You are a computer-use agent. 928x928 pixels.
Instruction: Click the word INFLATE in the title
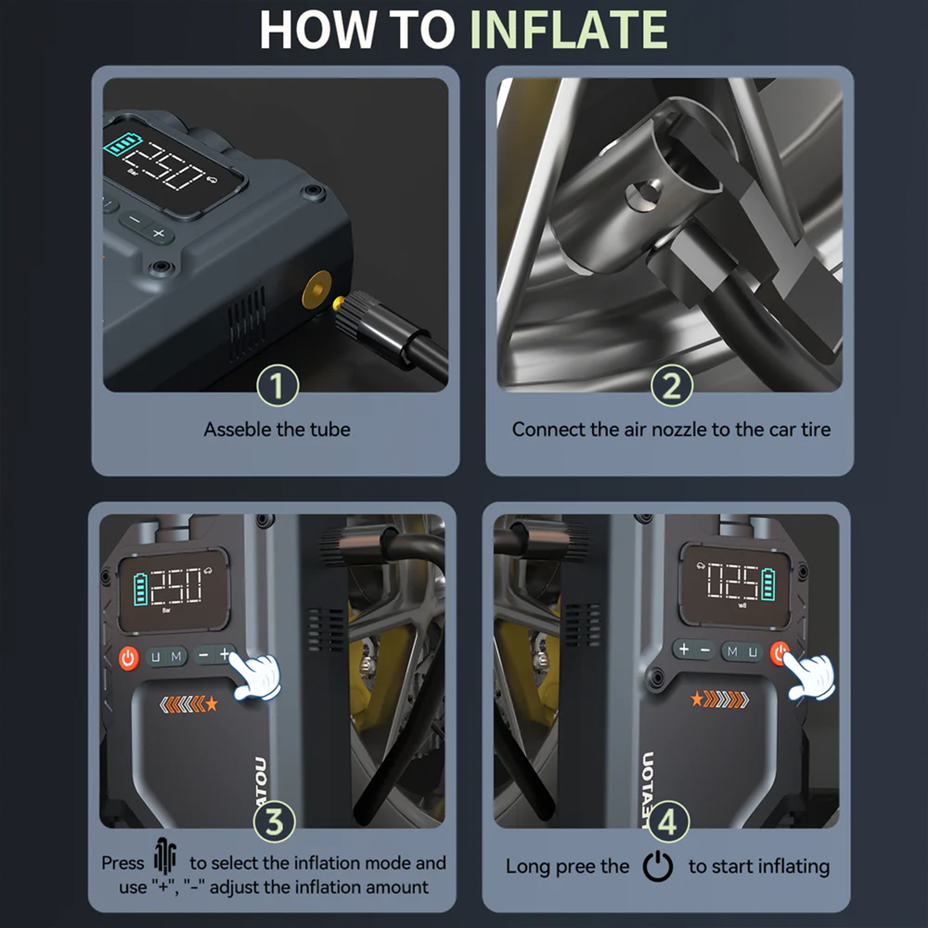click(569, 29)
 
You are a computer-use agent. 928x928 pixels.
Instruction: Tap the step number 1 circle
click(277, 385)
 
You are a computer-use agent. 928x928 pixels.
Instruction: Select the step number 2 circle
click(671, 385)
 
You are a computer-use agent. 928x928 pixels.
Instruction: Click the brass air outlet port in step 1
click(316, 290)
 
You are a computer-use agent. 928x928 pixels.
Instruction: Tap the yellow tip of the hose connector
click(338, 303)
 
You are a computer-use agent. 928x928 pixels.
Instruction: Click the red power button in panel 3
click(128, 657)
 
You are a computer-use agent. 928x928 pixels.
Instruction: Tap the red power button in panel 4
click(779, 653)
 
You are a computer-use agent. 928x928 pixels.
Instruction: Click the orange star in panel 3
click(211, 705)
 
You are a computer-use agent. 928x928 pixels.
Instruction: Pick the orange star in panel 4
click(697, 699)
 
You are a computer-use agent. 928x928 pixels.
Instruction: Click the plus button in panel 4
click(683, 650)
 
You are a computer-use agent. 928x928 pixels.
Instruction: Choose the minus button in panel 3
click(204, 655)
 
